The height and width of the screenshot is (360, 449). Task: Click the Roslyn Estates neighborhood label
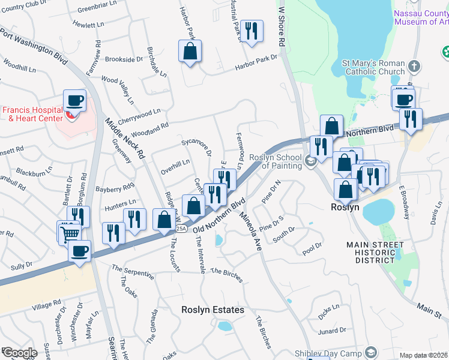214,310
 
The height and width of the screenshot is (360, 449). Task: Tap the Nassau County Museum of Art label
421,17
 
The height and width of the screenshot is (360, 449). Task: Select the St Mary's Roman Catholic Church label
374,68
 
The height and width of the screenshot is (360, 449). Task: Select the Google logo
19,353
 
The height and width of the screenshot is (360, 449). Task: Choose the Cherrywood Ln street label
139,112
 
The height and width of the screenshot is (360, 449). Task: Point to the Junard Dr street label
332,329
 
